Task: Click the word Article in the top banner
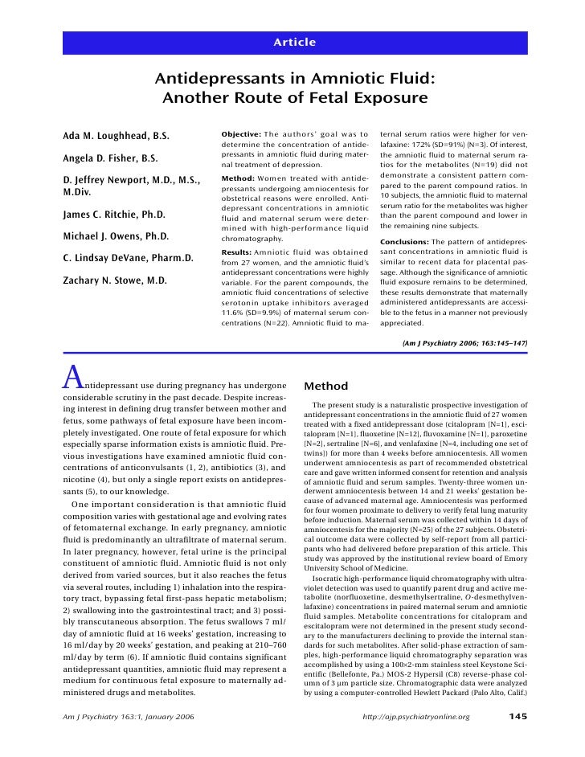coord(292,42)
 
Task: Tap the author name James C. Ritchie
coord(113,215)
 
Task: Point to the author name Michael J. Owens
coord(115,237)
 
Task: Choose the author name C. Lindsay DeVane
coord(128,259)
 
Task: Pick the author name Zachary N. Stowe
coord(114,281)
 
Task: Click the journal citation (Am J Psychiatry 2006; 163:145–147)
coord(464,343)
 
